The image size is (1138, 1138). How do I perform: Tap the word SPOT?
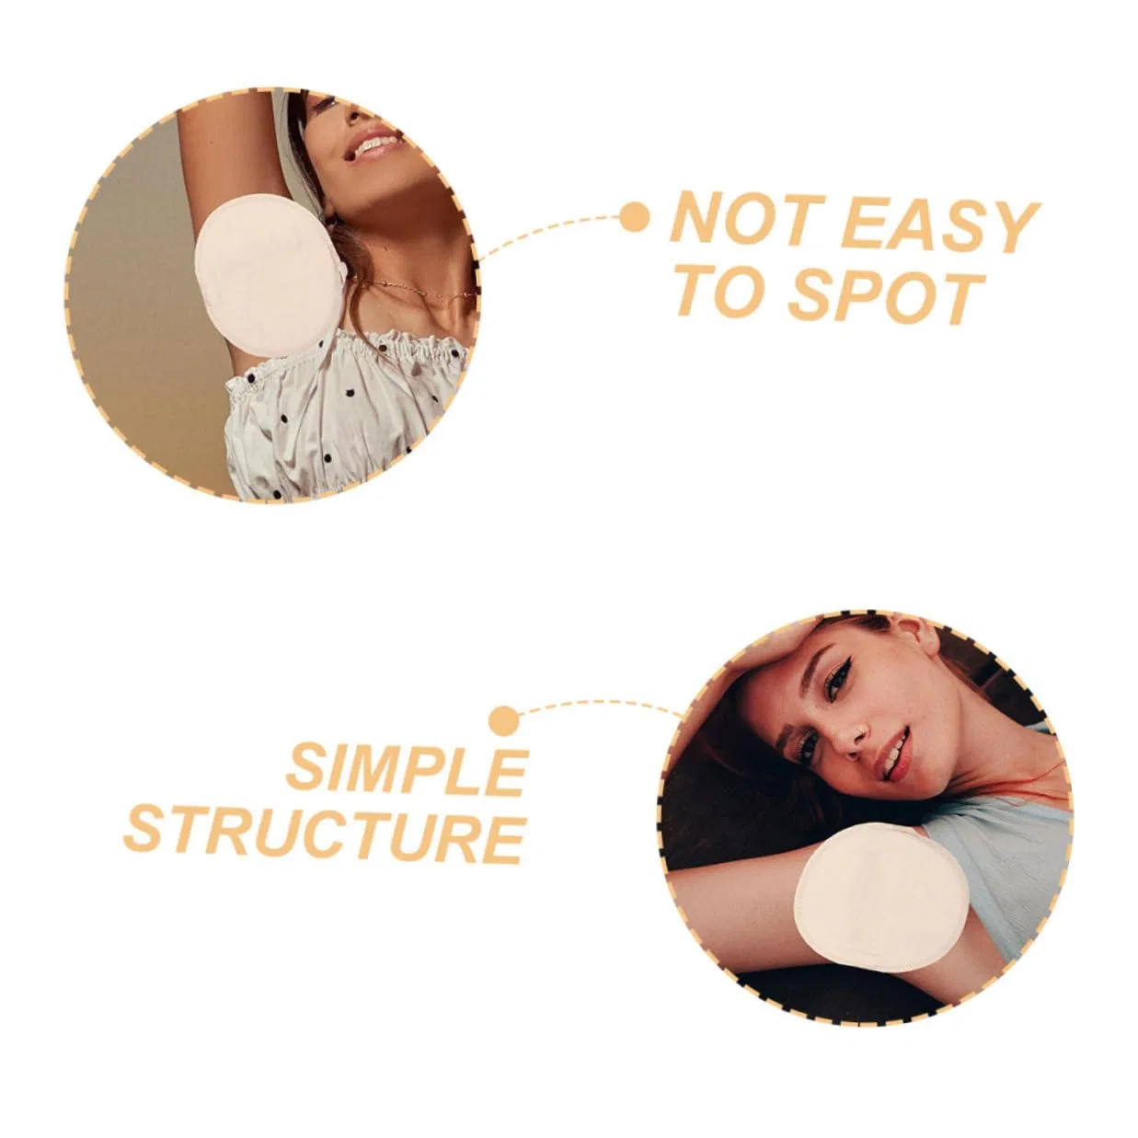point(887,296)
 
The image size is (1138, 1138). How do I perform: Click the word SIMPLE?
point(407,772)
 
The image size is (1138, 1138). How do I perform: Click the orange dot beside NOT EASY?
point(634,218)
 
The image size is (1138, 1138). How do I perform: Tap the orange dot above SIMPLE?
point(504,721)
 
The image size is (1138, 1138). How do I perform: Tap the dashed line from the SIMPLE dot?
point(600,705)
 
